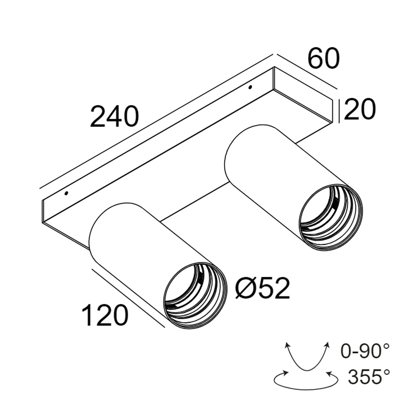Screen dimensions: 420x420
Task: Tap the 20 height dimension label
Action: point(360,110)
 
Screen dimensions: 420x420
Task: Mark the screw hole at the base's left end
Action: point(66,193)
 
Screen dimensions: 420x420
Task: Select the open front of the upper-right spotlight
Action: point(330,217)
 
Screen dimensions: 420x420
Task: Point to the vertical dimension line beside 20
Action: point(340,111)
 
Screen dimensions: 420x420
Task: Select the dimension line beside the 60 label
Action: point(307,71)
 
